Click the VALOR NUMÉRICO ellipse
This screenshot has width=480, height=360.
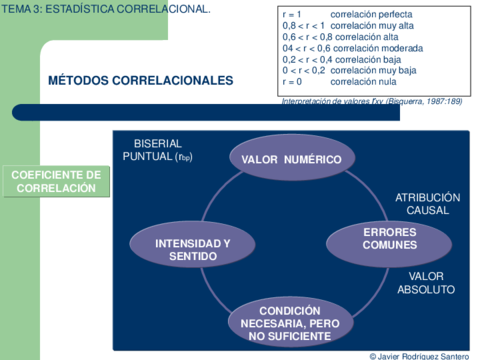click(x=291, y=160)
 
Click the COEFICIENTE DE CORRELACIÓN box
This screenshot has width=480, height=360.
click(x=56, y=181)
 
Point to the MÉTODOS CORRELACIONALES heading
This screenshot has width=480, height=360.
click(x=140, y=80)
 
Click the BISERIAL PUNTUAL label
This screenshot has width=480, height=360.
click(x=157, y=150)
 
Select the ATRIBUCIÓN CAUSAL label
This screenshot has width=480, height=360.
click(x=427, y=204)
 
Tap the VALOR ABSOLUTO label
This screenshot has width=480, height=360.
click(x=426, y=282)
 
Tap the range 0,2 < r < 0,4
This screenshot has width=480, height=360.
click(x=304, y=59)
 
